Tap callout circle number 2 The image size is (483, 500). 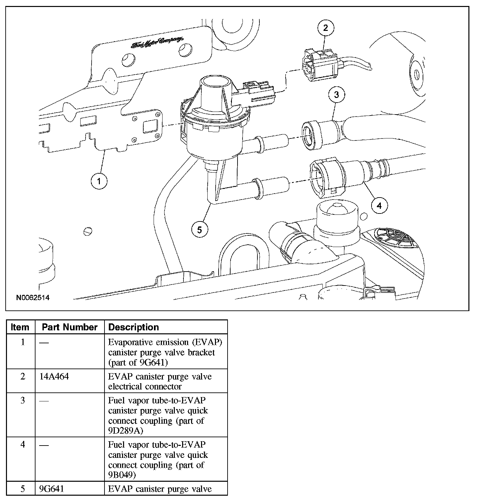click(x=325, y=28)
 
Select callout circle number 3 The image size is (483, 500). click(x=336, y=95)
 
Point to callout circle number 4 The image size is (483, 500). click(x=379, y=206)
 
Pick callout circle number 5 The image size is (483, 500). click(x=200, y=229)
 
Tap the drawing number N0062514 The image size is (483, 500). click(x=33, y=297)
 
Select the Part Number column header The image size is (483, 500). click(x=70, y=327)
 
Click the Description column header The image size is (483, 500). click(x=134, y=327)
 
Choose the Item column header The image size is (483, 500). click(x=20, y=327)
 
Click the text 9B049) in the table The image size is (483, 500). click(x=122, y=475)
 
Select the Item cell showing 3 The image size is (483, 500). click(x=23, y=400)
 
